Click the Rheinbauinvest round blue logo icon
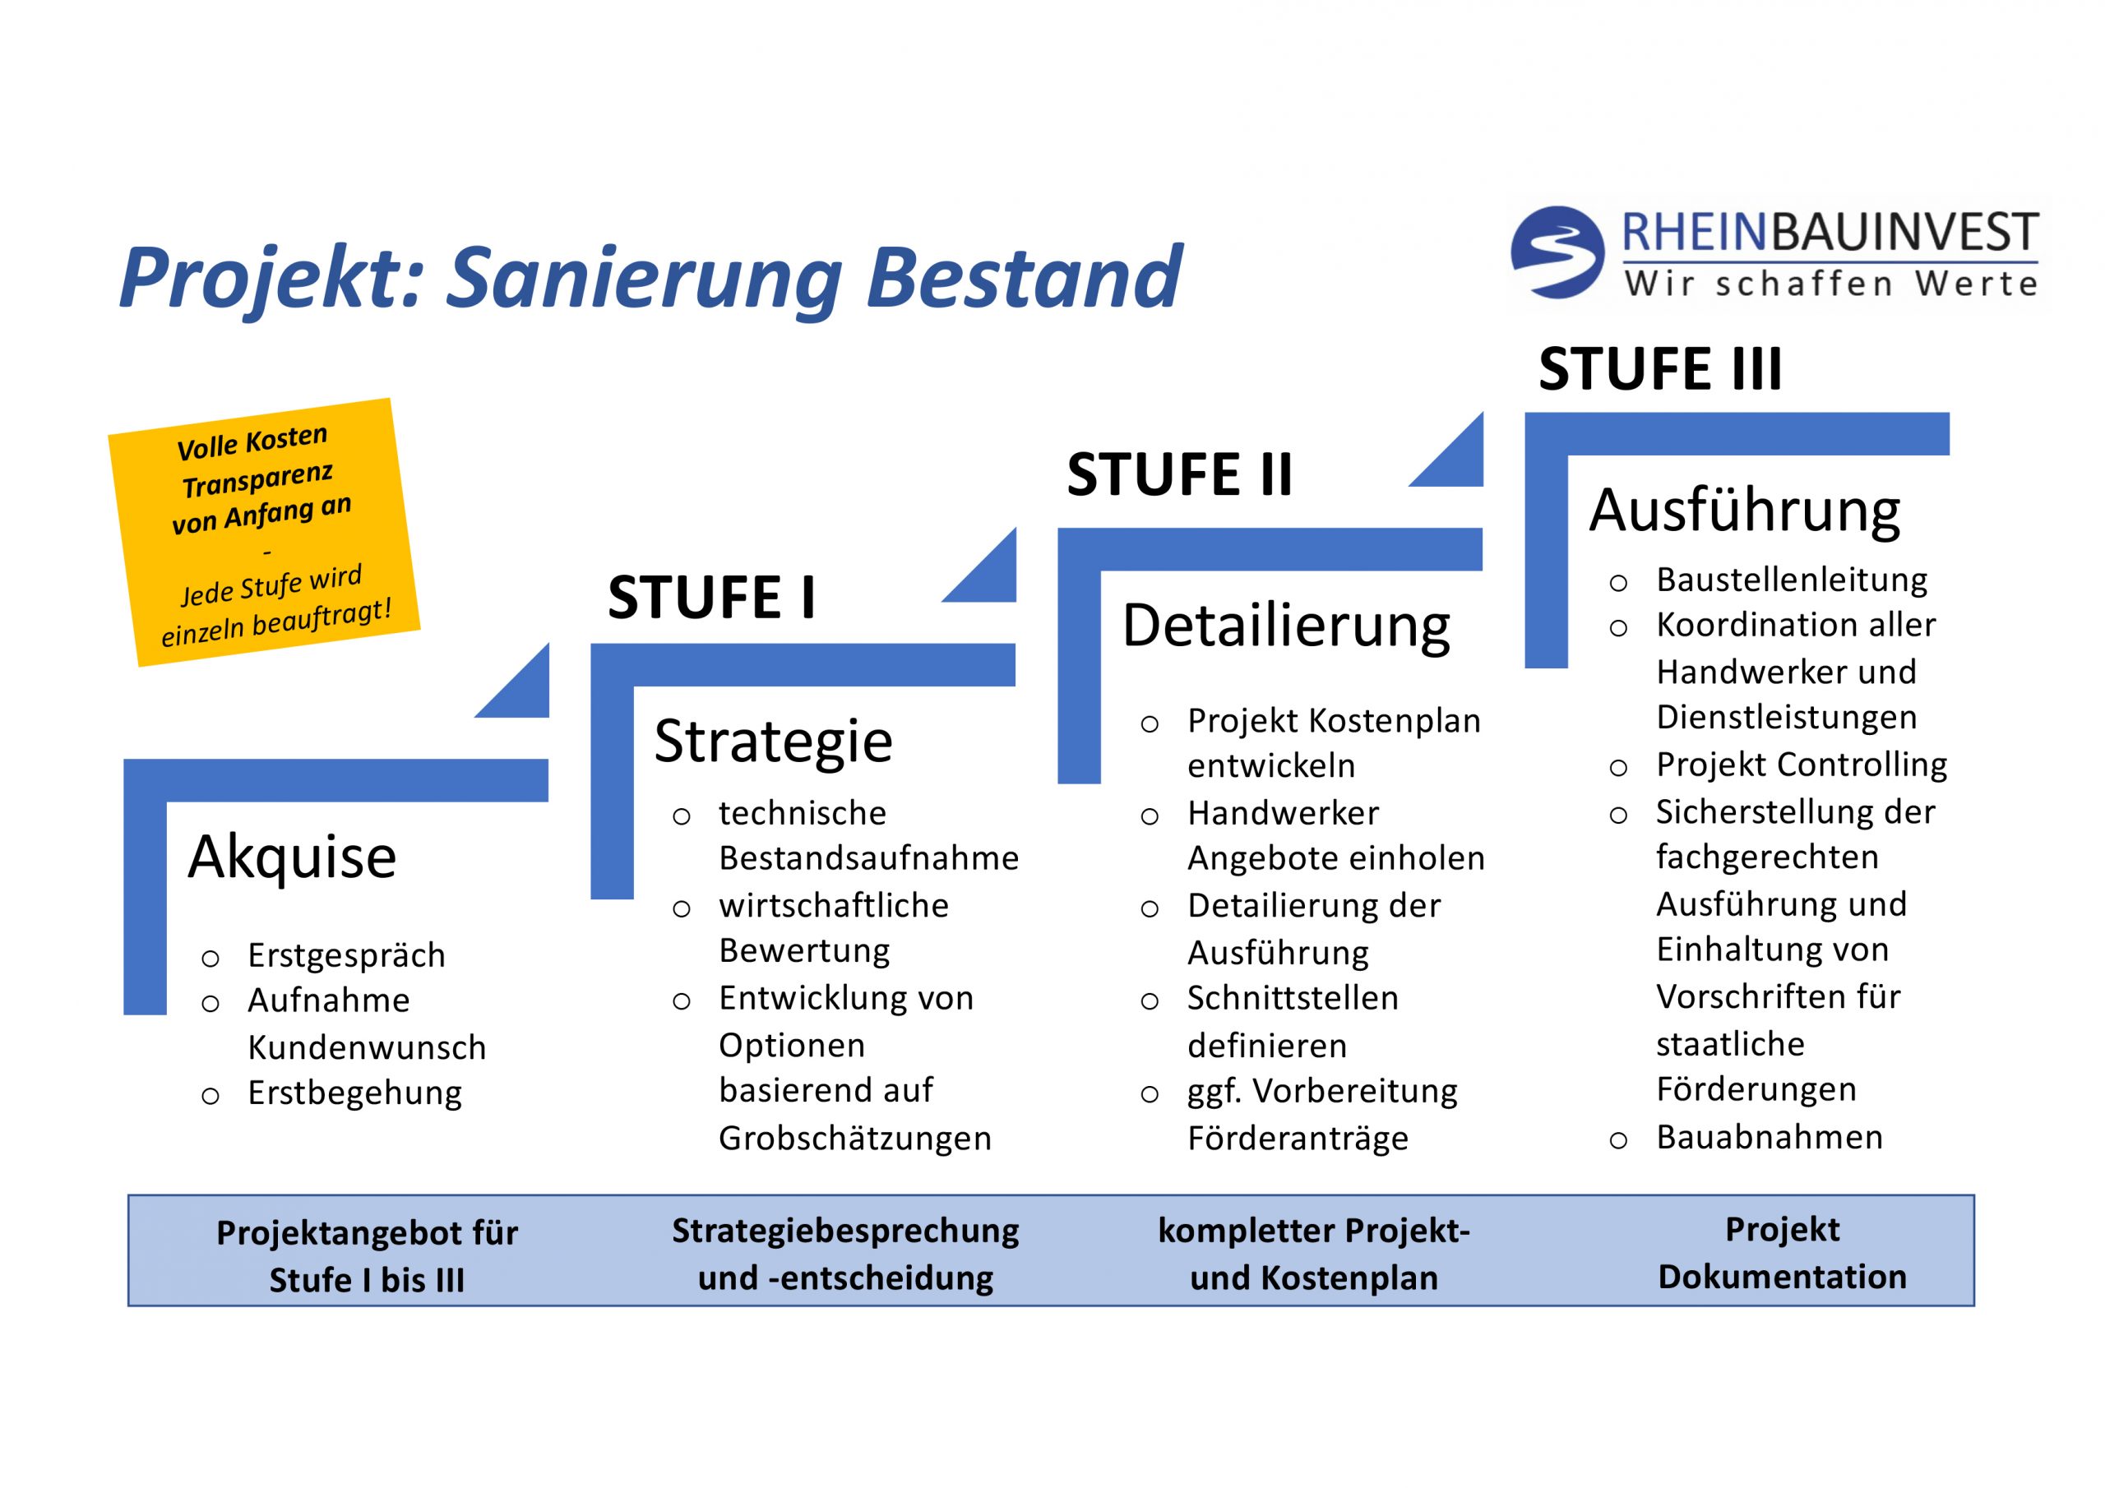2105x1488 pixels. click(1557, 252)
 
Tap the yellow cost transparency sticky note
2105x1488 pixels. click(264, 532)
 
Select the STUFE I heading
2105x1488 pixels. click(711, 598)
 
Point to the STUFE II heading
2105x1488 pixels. click(1179, 475)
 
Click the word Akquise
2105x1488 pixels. click(292, 857)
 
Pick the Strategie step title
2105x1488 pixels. click(773, 741)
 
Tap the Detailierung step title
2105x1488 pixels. click(1285, 626)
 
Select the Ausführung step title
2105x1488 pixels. click(1744, 511)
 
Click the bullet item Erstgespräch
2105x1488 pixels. click(345, 955)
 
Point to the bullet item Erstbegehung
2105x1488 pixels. click(354, 1093)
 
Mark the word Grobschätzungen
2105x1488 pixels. click(854, 1138)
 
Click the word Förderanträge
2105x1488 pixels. click(1298, 1138)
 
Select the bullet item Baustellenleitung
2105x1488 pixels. click(1792, 580)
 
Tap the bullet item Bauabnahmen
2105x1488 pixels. click(1769, 1137)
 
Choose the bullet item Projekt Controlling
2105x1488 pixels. click(1801, 765)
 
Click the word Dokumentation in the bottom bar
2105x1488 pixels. click(1781, 1276)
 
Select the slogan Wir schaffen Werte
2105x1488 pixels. click(1831, 284)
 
